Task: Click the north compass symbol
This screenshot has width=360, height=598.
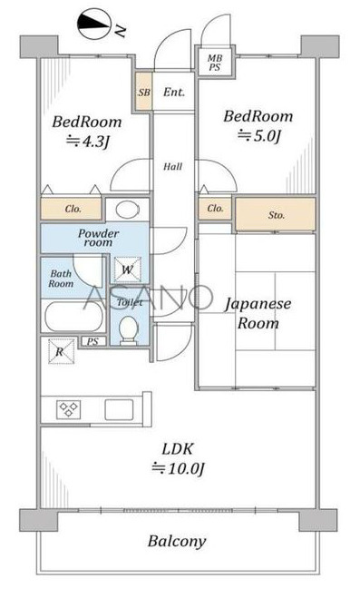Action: pos(93,25)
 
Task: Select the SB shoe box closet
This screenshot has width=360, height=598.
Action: pos(143,93)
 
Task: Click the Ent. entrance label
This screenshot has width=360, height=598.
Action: pos(174,93)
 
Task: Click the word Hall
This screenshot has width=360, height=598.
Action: pos(172,167)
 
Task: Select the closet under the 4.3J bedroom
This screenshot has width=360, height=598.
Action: pos(73,209)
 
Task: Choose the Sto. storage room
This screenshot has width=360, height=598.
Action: pos(276,215)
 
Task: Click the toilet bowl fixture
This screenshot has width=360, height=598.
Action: pos(130,326)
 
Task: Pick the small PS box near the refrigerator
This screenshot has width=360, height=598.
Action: pos(92,341)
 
